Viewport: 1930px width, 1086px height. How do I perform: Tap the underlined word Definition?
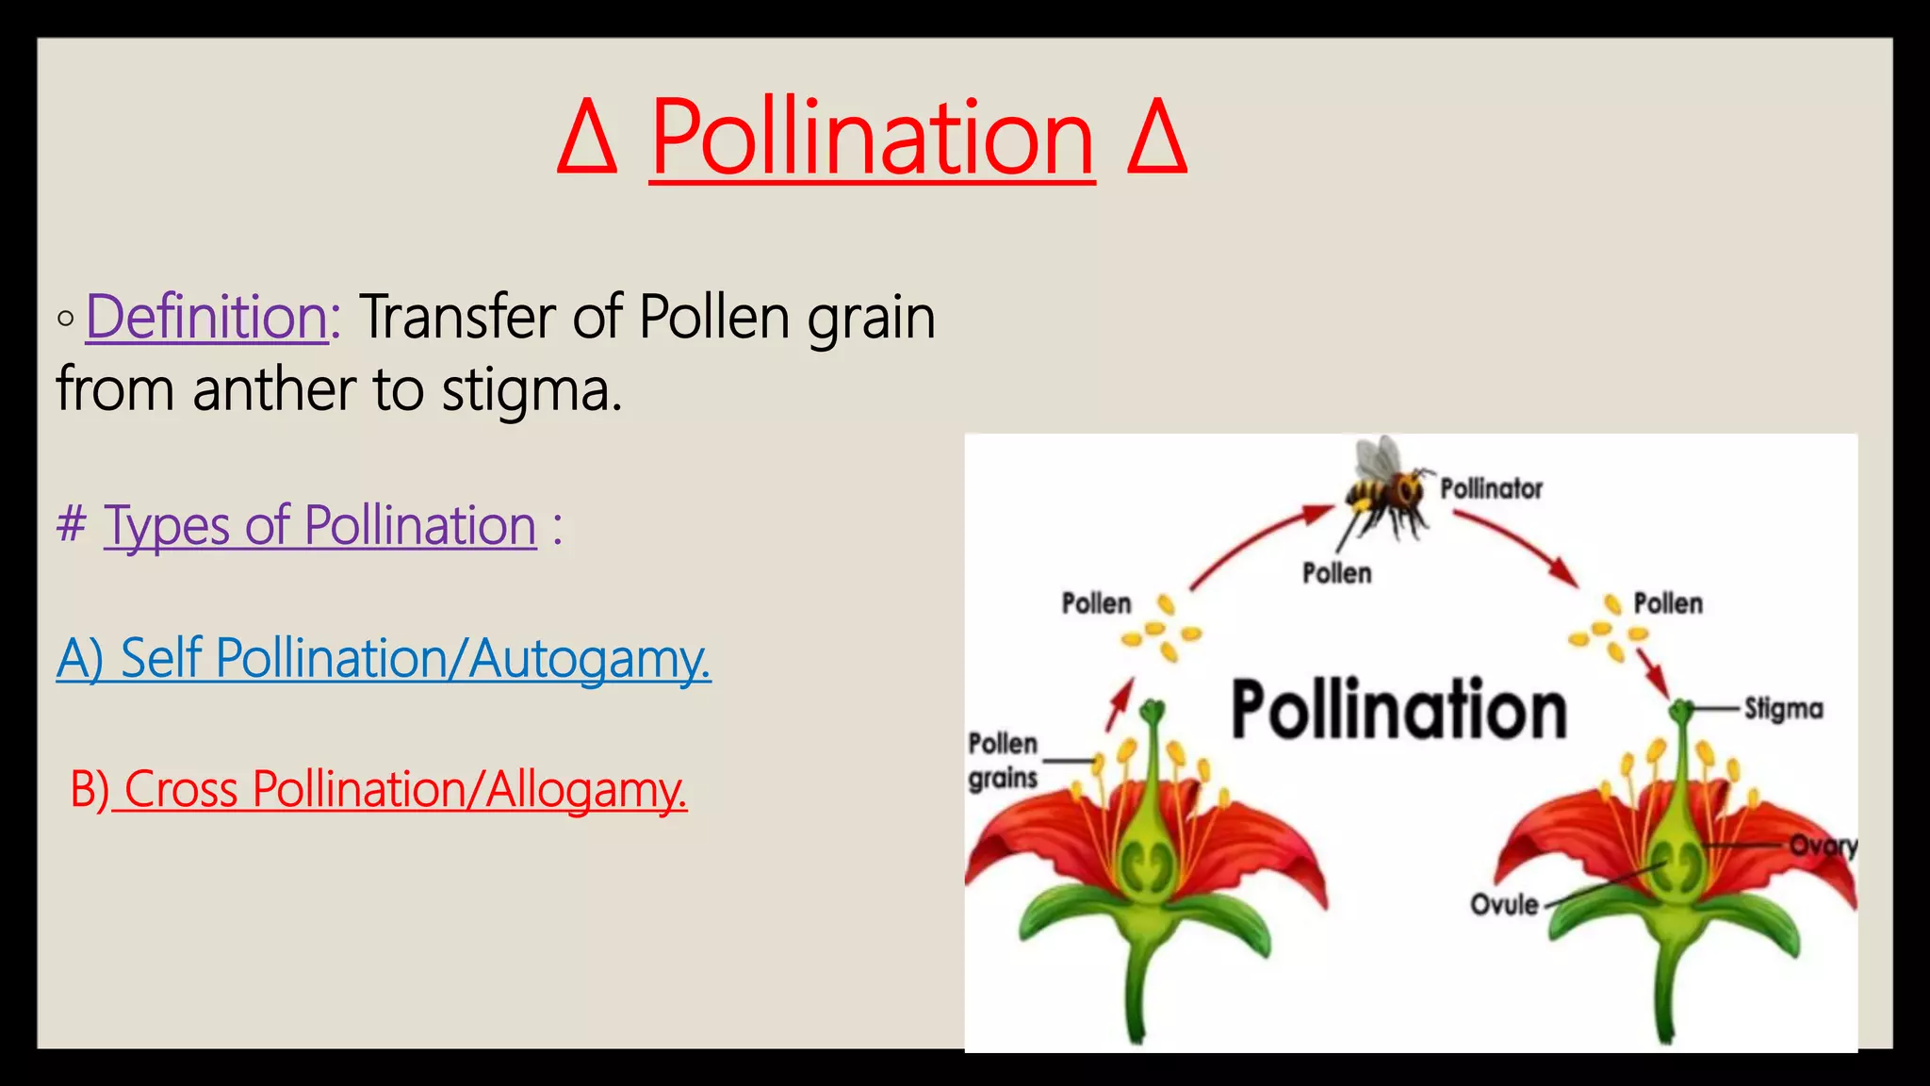pos(207,317)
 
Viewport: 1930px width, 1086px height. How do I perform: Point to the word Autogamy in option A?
pos(588,659)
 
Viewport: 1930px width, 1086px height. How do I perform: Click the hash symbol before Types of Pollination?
pos(72,524)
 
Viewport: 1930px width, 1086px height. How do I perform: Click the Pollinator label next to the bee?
pos(1491,489)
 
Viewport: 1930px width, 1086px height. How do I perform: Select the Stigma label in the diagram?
pos(1783,709)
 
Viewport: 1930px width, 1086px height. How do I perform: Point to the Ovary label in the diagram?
pos(1824,846)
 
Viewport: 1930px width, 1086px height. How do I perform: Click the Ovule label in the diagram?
pos(1504,905)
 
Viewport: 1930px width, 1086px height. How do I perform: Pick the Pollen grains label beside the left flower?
pos(1003,761)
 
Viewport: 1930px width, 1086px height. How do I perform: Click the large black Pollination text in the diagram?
pos(1398,710)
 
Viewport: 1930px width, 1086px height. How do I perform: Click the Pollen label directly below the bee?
pos(1336,573)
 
